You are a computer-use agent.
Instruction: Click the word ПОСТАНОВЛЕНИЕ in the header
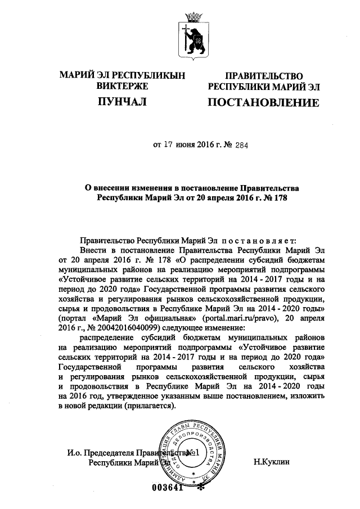tap(264, 103)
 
